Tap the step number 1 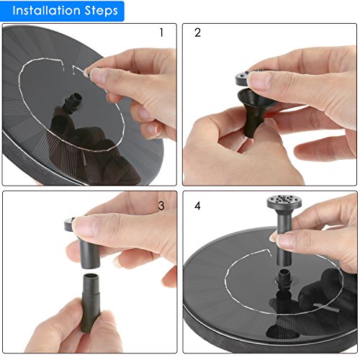(161, 32)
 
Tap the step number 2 (197, 32)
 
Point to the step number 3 (161, 206)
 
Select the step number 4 (197, 206)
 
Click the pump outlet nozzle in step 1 (73, 103)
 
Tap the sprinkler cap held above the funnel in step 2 (246, 77)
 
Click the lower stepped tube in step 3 (91, 303)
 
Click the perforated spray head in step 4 (284, 202)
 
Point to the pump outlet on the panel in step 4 (284, 279)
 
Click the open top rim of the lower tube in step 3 (91, 276)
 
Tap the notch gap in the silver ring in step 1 (68, 66)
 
